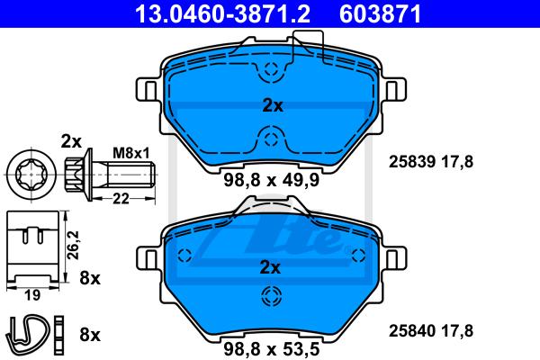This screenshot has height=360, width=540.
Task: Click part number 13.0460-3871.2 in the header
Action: [x=223, y=13]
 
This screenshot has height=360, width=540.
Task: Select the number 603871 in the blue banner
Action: [x=380, y=13]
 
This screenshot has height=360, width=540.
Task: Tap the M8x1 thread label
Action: [x=131, y=153]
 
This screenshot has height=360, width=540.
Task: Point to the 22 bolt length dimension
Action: [x=121, y=198]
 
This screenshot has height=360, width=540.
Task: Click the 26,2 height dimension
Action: [x=74, y=246]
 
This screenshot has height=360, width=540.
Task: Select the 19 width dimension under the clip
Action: [x=32, y=295]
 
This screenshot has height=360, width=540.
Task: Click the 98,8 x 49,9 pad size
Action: [x=272, y=180]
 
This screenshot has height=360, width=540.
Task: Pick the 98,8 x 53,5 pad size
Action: [x=272, y=349]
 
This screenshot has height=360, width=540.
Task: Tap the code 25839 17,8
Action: [x=431, y=162]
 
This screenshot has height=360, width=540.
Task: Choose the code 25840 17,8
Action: [x=431, y=330]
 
